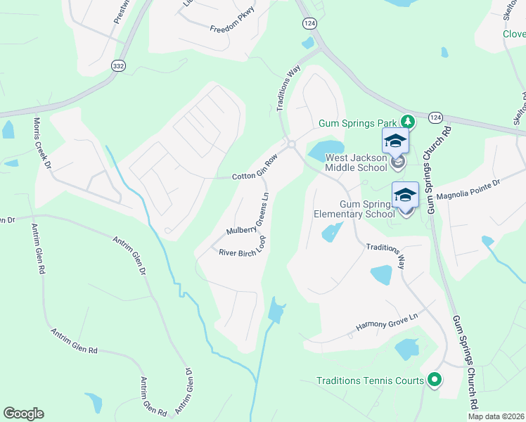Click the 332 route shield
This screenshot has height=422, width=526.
tap(117, 65)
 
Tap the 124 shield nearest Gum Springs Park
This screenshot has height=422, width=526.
tap(435, 117)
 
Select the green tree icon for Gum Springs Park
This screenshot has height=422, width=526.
tap(406, 122)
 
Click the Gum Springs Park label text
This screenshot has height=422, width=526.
tap(358, 122)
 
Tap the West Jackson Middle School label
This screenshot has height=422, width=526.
tap(356, 162)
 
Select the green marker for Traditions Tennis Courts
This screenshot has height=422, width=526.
tap(434, 381)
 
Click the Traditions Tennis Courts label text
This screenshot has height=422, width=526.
tap(371, 381)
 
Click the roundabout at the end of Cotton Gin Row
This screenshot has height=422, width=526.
tap(291, 144)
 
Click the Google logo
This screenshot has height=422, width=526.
tap(23, 414)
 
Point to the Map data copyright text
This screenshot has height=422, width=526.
tap(496, 416)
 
